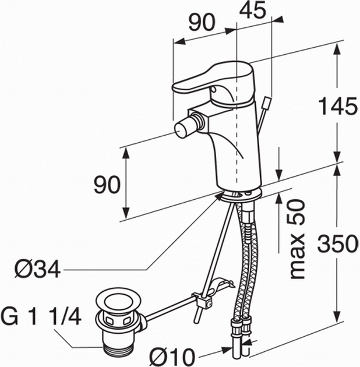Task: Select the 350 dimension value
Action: [338, 244]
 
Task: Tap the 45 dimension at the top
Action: [253, 9]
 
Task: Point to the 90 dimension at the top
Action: [202, 22]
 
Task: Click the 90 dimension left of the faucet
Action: [107, 185]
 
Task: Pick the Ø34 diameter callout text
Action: [37, 269]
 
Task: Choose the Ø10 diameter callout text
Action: [172, 357]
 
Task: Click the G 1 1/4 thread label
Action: [41, 316]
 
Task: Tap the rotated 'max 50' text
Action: [298, 239]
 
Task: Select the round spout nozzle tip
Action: [180, 129]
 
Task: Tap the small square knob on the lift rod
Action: [267, 103]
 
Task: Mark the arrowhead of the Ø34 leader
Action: [220, 195]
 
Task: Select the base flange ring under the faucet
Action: [241, 196]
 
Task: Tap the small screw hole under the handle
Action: [214, 89]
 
